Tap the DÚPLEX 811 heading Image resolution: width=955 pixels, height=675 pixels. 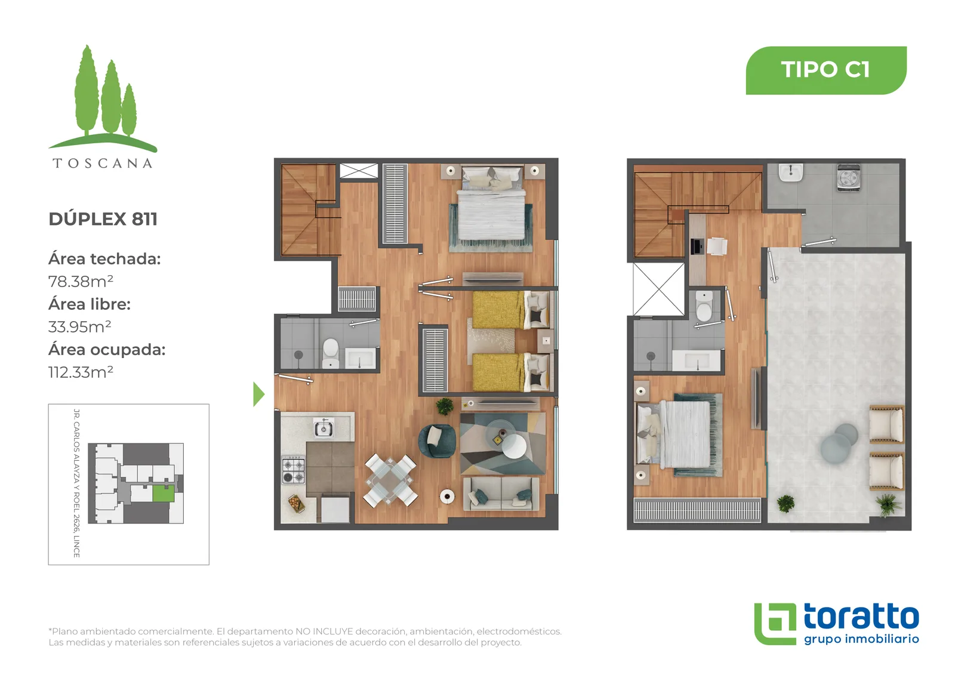tap(103, 219)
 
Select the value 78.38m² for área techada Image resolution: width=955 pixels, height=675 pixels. tap(81, 282)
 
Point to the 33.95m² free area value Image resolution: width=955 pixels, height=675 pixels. tap(80, 326)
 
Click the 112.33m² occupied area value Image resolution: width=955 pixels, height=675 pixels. tap(81, 372)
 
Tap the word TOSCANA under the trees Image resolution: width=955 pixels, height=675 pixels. tap(102, 164)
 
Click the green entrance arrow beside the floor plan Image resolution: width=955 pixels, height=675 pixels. tap(259, 394)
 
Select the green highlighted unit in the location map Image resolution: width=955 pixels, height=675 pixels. tap(164, 494)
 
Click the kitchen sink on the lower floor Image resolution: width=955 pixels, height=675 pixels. tap(324, 428)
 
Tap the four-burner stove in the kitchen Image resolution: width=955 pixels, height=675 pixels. tap(293, 470)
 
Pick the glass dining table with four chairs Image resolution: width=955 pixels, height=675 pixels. tap(390, 480)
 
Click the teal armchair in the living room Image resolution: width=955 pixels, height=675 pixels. tap(437, 441)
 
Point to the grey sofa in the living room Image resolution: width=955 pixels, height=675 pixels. tap(501, 494)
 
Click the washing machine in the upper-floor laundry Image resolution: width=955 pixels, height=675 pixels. tap(848, 177)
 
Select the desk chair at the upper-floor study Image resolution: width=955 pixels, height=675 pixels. tap(717, 246)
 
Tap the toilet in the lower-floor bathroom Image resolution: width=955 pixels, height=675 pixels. tap(331, 352)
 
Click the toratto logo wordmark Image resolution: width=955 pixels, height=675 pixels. tap(861, 617)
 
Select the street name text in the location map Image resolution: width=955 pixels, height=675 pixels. tap(77, 483)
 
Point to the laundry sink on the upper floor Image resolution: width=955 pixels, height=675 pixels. tap(791, 174)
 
